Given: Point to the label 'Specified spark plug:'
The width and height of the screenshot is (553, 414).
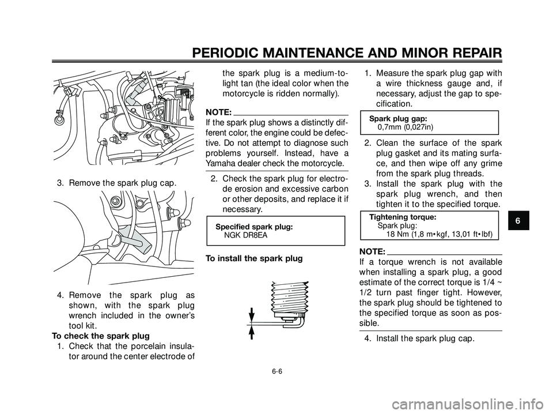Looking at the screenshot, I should (253, 227).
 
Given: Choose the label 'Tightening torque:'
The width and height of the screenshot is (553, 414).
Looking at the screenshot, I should (402, 217).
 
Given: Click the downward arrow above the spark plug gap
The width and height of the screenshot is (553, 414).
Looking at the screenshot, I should (252, 314).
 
